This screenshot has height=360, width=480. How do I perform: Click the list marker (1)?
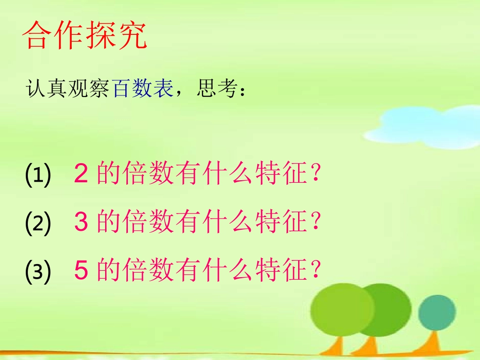38,176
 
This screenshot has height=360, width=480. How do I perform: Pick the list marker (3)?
38,271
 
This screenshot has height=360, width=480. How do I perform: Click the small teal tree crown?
434,311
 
